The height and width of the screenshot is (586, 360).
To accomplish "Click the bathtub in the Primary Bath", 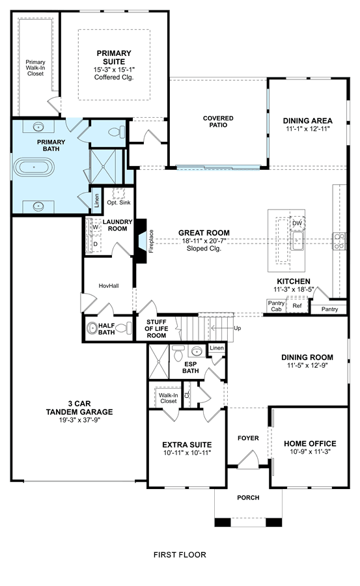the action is [x=34, y=167].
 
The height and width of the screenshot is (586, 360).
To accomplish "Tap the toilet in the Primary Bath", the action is [x=117, y=132].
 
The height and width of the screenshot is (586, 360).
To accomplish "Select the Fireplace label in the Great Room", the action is [x=152, y=241].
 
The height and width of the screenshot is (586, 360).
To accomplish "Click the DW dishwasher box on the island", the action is [x=298, y=223].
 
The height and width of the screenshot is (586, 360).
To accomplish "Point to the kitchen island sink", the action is [x=298, y=241].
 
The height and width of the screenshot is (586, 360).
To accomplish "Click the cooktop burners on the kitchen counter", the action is [x=339, y=241].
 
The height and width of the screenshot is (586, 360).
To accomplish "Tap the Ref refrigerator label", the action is [x=297, y=306].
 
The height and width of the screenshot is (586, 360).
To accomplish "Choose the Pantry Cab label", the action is [x=276, y=306].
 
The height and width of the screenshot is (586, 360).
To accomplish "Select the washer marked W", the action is [x=95, y=227].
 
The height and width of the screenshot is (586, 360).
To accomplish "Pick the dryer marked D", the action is [x=95, y=244].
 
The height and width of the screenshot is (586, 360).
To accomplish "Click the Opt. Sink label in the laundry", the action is [x=119, y=202].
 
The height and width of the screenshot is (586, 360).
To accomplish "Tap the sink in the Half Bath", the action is [x=92, y=328].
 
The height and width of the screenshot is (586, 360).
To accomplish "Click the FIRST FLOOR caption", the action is [x=180, y=555].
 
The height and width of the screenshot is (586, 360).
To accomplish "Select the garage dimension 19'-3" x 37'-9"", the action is [x=79, y=420].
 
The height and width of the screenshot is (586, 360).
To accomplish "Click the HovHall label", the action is [x=109, y=286].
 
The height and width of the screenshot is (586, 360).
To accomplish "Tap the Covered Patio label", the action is [x=218, y=122].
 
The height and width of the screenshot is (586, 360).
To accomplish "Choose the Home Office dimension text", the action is [x=310, y=451].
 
